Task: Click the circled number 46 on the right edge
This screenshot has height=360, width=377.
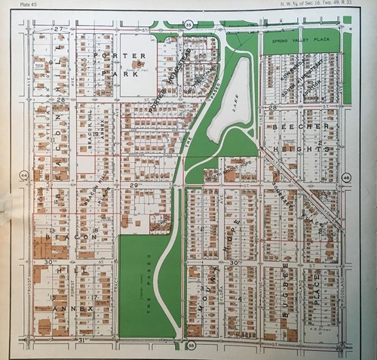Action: [x=346, y=177]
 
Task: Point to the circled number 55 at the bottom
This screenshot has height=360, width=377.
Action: [x=191, y=345]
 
